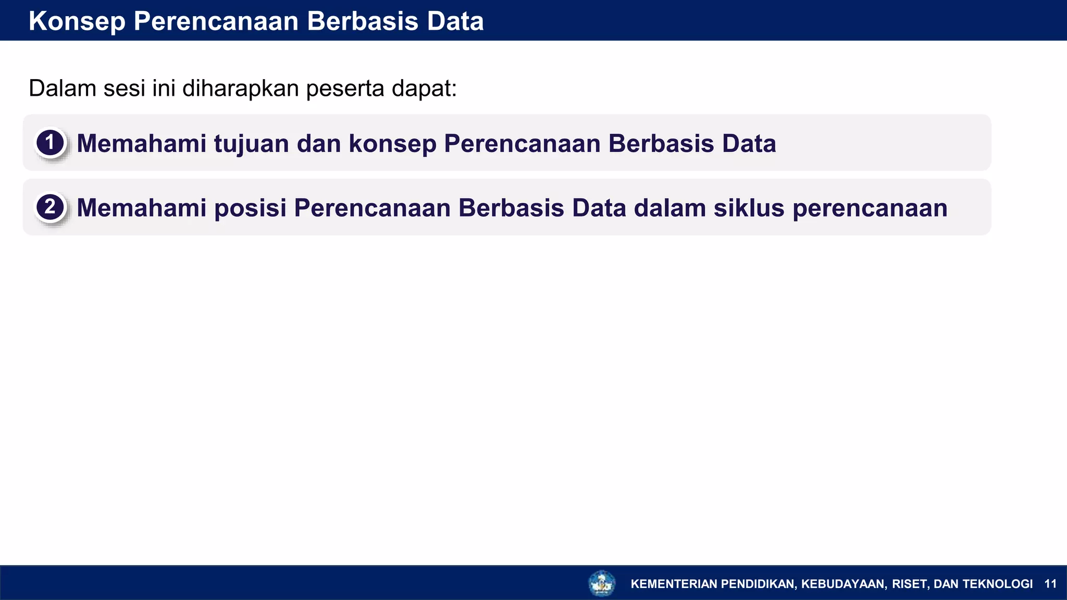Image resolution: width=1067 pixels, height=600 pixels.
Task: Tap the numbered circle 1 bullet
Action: (50, 143)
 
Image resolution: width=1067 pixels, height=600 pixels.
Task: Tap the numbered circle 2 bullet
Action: (50, 207)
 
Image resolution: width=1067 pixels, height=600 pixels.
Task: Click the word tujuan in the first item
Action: (251, 144)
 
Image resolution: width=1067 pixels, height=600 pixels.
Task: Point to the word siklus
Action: (749, 208)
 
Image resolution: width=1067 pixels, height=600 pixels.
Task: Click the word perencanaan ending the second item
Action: (870, 209)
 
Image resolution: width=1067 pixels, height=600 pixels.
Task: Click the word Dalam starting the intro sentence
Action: (62, 88)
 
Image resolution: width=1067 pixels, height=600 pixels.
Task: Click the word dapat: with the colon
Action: (424, 89)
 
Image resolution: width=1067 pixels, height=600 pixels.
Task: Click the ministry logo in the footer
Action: (602, 583)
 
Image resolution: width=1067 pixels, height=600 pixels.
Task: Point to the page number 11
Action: (1050, 584)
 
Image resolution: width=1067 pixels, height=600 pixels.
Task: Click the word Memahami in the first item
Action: (141, 144)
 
